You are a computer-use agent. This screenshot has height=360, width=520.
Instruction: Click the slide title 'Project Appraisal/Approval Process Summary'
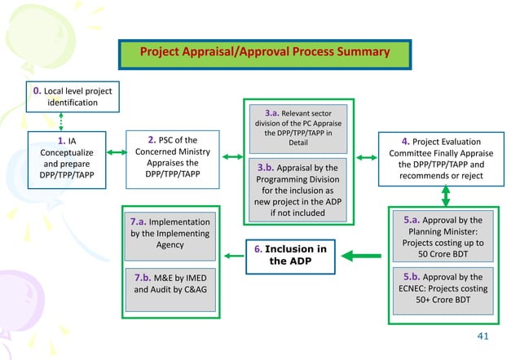click(x=264, y=52)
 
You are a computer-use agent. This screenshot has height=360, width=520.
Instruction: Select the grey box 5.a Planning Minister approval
click(x=443, y=237)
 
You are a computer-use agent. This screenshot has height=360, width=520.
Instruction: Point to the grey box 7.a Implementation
click(x=170, y=233)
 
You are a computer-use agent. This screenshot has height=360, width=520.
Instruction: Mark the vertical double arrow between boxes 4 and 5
click(x=446, y=195)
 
